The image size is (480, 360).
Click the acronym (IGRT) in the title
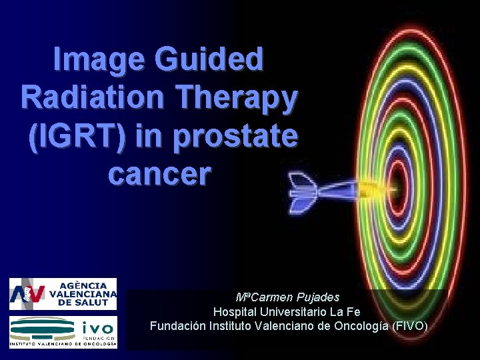pos(76,137)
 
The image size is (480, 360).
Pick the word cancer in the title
pos(159,175)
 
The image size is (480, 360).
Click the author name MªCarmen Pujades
pos(288,297)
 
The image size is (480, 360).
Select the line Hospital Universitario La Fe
pos(287,312)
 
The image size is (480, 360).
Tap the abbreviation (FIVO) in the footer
pos(411,326)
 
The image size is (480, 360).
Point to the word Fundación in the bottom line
pos(175,326)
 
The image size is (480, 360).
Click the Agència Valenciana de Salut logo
pos(63,294)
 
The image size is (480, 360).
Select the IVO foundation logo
pos(63,331)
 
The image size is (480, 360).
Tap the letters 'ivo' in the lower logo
pos(99,327)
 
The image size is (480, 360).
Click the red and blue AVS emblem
pos(28,294)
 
